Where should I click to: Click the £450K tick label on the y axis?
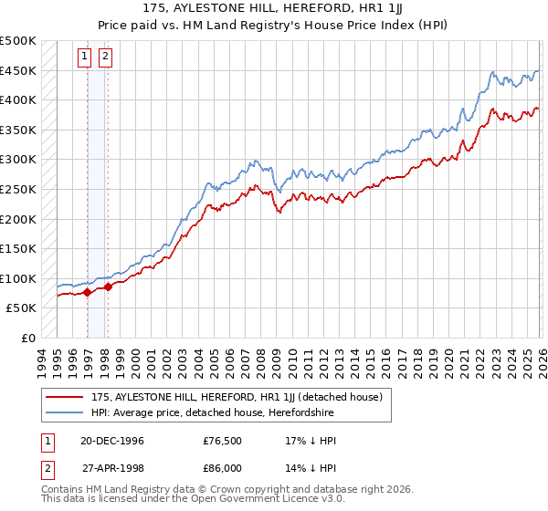click(x=18, y=71)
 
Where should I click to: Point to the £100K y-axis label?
click(x=18, y=278)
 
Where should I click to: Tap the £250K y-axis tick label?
click(x=18, y=190)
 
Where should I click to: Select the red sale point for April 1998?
click(x=108, y=287)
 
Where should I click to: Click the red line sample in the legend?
click(x=65, y=397)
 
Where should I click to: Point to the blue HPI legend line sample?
click(x=65, y=413)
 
